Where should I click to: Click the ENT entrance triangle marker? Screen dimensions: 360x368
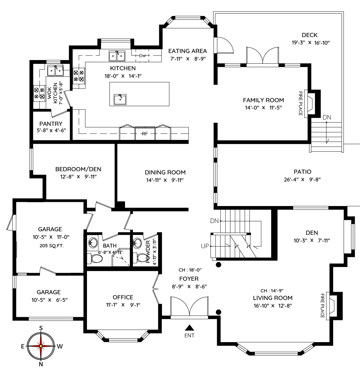point(189,328)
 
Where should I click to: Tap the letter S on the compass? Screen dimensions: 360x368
point(41,328)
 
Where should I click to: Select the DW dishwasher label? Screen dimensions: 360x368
point(142,56)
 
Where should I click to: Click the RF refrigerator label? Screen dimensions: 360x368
point(145,134)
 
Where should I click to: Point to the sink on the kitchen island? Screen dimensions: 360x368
point(120,99)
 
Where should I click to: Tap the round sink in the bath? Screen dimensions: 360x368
point(93,242)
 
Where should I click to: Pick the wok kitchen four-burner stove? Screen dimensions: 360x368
point(39,93)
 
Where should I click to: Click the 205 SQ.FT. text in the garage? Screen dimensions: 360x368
point(51,246)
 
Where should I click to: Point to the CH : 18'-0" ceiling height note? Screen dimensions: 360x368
point(190,270)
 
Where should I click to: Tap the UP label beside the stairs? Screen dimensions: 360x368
point(205,246)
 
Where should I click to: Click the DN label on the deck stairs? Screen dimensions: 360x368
point(327,117)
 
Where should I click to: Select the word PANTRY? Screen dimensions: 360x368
point(51,124)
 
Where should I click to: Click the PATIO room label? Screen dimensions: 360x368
point(302,172)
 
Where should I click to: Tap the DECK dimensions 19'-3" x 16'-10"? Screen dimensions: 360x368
point(311,43)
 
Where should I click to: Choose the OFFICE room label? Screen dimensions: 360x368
point(123,297)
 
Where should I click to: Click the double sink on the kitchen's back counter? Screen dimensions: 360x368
point(117,56)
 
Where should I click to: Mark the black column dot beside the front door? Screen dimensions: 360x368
point(218,312)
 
